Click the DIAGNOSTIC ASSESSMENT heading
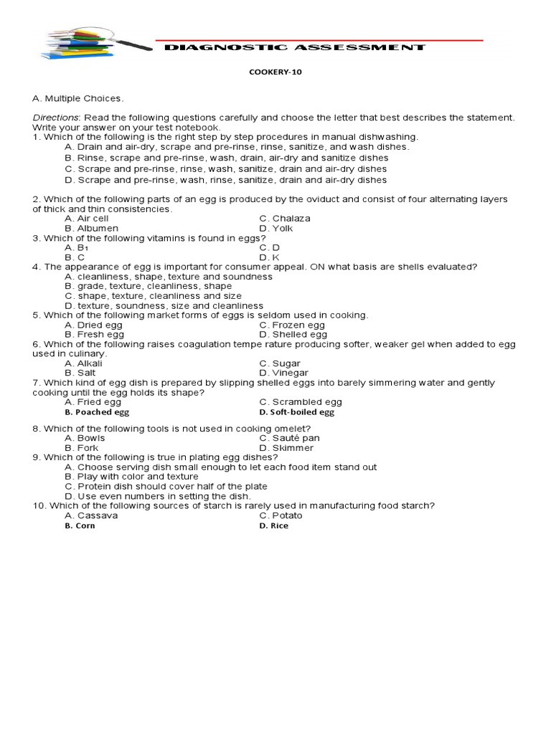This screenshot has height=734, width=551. [295, 47]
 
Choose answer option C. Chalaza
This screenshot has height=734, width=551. [285, 218]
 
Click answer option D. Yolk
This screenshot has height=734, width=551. [276, 228]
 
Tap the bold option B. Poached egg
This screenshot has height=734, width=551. [97, 412]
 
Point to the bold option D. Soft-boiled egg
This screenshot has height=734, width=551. [296, 412]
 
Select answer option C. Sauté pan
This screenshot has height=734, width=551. [289, 437]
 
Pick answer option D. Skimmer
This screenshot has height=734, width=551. [286, 447]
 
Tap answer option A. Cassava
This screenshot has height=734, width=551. [91, 515]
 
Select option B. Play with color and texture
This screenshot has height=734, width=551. [131, 476]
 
